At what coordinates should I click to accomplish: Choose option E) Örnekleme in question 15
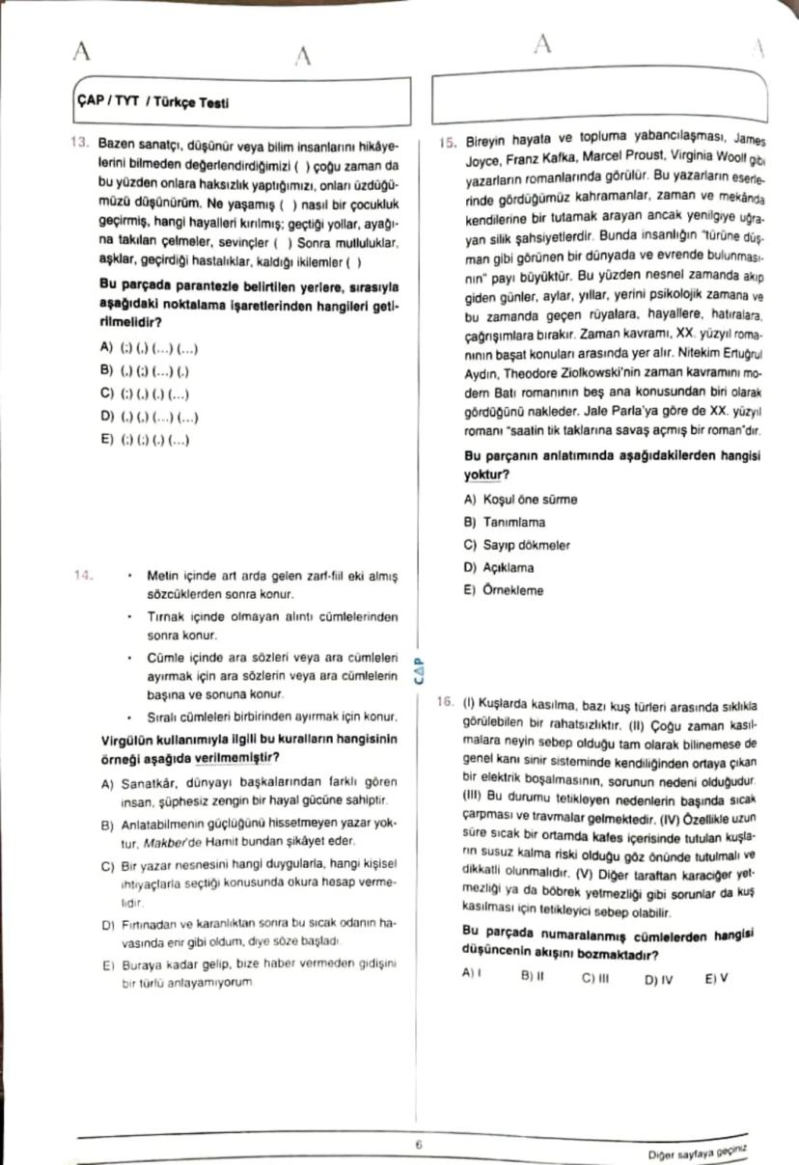[x=503, y=590]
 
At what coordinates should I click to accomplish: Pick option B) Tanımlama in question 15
[x=504, y=522]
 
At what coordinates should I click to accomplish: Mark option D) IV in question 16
[x=658, y=977]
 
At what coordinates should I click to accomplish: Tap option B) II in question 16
[x=533, y=976]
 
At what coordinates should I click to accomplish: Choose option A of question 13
[x=150, y=347]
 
